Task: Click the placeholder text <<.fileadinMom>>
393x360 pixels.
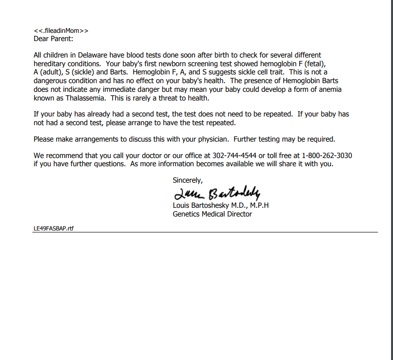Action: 61,31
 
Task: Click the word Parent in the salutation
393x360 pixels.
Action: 62,39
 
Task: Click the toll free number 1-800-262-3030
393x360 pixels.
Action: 327,156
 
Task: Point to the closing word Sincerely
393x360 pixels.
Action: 188,180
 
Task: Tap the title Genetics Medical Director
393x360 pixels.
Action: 212,214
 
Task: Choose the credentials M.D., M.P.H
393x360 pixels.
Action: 251,205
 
